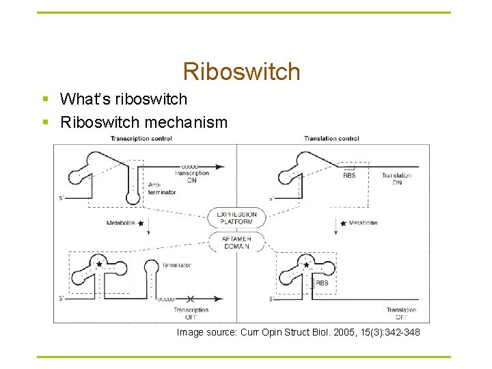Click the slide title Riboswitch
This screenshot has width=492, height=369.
pyautogui.click(x=241, y=71)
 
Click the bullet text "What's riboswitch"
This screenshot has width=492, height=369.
pyautogui.click(x=123, y=99)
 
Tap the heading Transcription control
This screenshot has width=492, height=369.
pyautogui.click(x=141, y=139)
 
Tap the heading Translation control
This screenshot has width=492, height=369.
pyautogui.click(x=331, y=139)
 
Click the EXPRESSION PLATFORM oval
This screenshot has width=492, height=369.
pyautogui.click(x=236, y=218)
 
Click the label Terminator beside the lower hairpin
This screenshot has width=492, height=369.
pyautogui.click(x=177, y=265)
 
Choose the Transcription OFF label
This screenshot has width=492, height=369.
pyautogui.click(x=191, y=314)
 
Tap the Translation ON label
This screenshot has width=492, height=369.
pyautogui.click(x=397, y=179)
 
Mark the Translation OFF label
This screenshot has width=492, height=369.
pyautogui.click(x=401, y=314)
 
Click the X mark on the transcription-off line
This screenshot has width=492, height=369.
pyautogui.click(x=191, y=299)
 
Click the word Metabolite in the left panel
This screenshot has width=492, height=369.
pyautogui.click(x=121, y=223)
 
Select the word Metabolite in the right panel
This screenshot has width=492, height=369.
pyautogui.click(x=362, y=223)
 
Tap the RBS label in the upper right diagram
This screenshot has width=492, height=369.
pyautogui.click(x=348, y=176)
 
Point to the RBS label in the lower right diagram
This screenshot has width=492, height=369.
pyautogui.click(x=321, y=282)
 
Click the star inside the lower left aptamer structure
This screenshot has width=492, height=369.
pyautogui.click(x=99, y=263)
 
